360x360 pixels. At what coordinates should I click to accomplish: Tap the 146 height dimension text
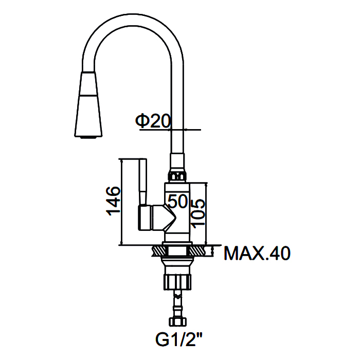pyautogui.click(x=114, y=201)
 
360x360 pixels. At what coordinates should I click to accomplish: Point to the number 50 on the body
pyautogui.click(x=178, y=201)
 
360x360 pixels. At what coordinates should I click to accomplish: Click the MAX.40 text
pyautogui.click(x=257, y=253)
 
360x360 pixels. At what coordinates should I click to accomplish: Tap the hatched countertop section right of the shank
pyautogui.click(x=198, y=251)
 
